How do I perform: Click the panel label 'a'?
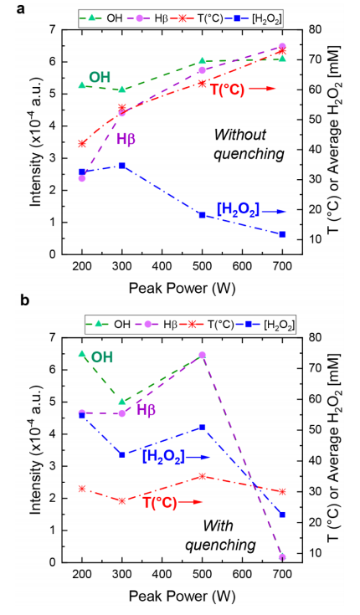[8, 8]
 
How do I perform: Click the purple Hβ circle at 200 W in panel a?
[82, 178]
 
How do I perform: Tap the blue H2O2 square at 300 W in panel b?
[122, 454]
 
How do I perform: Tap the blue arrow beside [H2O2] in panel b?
[196, 457]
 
